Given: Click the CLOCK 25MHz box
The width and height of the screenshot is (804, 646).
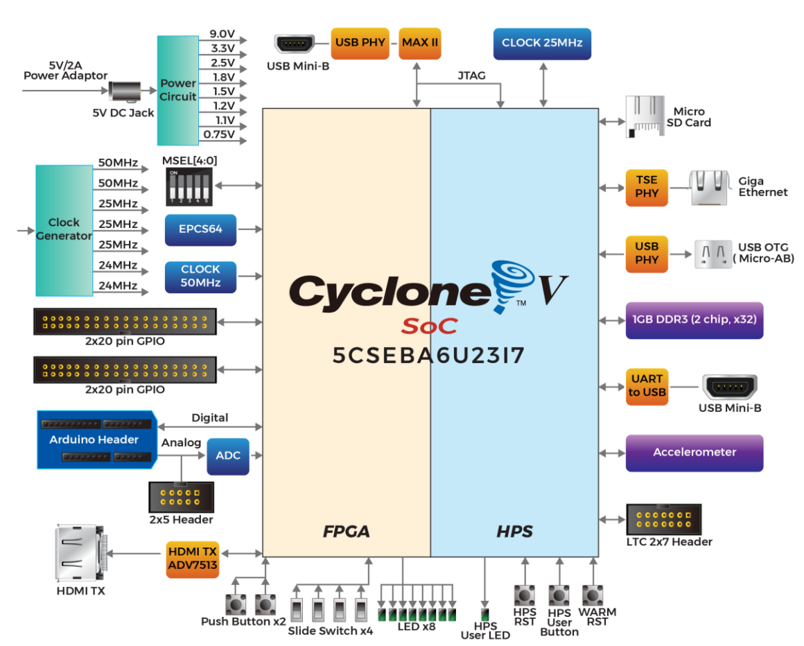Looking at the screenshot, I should coord(542,43).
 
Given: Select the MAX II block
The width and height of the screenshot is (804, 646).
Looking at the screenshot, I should coord(420,43).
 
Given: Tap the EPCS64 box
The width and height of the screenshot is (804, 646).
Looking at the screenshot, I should coord(201,229).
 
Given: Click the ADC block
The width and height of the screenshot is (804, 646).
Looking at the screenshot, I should coord(228,455).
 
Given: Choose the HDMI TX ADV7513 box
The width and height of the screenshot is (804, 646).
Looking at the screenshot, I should coord(192,557).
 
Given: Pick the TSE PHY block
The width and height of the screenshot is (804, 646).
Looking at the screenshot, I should coord(647,187).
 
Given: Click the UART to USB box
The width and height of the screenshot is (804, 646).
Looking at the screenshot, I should coord(647,386).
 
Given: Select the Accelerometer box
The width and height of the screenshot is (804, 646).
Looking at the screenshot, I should coord(694,453).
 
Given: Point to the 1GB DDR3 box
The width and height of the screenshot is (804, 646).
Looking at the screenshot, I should coord(694,320).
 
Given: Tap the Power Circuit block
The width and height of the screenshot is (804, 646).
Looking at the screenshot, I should coord(178,90).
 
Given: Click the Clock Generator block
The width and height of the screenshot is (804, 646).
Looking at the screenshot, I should coord(64,229).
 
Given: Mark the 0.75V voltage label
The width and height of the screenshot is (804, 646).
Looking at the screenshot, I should coord(218,134).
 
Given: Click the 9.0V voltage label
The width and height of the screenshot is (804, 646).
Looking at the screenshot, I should coord(222,34).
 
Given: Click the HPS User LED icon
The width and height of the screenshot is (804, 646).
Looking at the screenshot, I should coord(485,615).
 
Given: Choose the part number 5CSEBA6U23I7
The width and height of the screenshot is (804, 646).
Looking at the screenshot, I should coord(428,356).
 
